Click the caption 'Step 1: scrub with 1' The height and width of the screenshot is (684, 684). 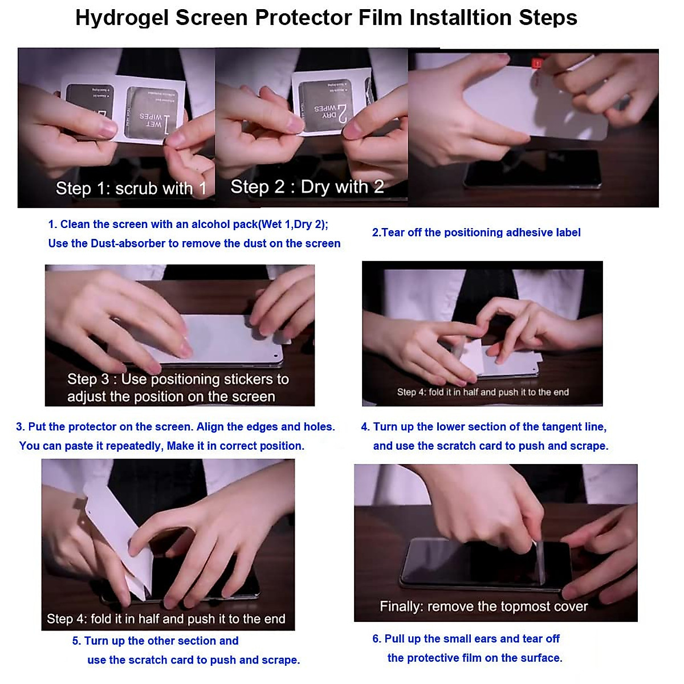click(131, 189)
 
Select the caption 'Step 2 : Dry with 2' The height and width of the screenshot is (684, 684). click(307, 187)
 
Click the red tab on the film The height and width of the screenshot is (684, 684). click(536, 63)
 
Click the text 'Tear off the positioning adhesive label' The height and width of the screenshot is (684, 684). click(481, 233)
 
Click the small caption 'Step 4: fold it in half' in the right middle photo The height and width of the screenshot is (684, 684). click(482, 392)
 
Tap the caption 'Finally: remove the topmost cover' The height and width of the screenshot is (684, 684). click(483, 606)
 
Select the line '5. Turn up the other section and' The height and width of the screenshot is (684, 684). click(155, 641)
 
